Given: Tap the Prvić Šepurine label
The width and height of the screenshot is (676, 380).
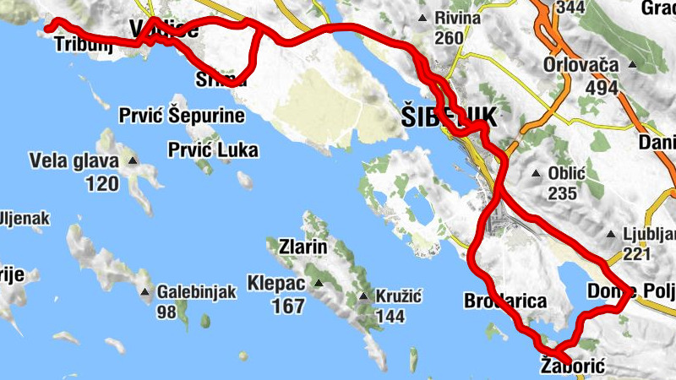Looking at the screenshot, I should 182,116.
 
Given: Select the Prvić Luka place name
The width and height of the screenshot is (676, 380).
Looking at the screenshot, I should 212,150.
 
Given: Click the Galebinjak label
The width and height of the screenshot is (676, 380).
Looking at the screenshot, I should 195,292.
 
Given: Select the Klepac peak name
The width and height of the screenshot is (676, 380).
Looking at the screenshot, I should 277,282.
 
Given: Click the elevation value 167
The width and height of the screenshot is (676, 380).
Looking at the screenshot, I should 288,305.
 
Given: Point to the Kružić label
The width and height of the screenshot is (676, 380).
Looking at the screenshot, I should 398,296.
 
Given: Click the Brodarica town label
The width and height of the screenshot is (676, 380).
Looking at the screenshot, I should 505,301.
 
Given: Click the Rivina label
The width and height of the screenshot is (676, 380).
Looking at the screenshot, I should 457,18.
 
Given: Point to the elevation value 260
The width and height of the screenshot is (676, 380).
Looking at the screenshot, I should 450,38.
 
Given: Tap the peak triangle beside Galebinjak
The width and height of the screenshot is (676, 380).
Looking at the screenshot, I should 147,293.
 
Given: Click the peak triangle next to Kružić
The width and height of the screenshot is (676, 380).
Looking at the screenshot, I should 363,296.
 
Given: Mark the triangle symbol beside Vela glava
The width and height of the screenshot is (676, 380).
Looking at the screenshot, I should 132,160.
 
